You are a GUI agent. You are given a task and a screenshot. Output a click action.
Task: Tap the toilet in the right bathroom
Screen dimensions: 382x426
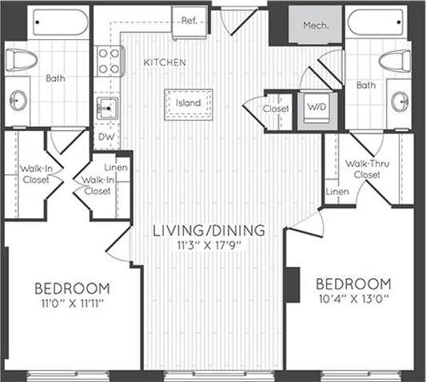tap(392, 60)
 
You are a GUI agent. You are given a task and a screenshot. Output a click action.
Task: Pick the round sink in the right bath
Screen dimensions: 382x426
tap(400, 100)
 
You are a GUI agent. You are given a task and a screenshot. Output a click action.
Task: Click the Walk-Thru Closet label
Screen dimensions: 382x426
tap(367, 168)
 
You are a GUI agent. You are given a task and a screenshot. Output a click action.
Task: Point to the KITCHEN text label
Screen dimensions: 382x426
tap(165, 62)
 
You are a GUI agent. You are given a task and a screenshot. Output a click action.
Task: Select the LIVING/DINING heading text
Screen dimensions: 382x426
tap(209, 231)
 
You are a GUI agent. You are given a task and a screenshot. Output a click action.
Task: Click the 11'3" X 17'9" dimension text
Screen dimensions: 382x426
tap(209, 246)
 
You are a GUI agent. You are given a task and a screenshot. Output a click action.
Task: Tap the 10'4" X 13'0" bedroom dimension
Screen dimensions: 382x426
tap(353, 299)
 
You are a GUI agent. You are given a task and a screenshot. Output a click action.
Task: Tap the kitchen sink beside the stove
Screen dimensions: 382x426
tap(106, 105)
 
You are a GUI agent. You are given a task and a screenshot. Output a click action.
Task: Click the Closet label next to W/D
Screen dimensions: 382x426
tap(276, 109)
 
